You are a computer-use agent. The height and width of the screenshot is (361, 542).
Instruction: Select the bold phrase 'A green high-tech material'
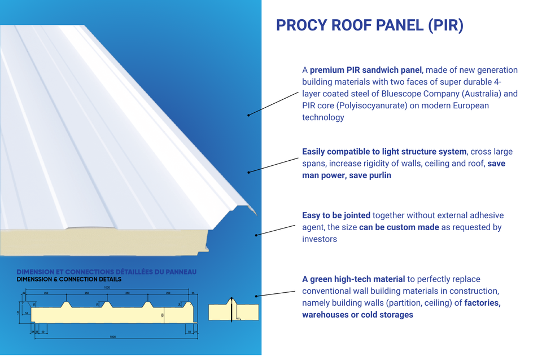click(x=353, y=279)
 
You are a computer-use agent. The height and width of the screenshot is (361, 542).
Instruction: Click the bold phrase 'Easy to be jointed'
click(x=336, y=215)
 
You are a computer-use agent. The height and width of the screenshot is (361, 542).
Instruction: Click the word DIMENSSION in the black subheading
click(x=36, y=279)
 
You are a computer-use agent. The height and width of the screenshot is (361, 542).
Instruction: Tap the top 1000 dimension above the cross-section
click(x=107, y=287)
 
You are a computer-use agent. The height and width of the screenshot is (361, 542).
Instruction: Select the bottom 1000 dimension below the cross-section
click(x=112, y=337)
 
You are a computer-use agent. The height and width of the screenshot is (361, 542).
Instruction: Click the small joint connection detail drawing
click(x=234, y=310)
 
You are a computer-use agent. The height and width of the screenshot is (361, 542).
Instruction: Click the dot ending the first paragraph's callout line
click(x=248, y=115)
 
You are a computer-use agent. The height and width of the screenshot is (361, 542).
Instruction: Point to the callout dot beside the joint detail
click(x=256, y=296)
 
